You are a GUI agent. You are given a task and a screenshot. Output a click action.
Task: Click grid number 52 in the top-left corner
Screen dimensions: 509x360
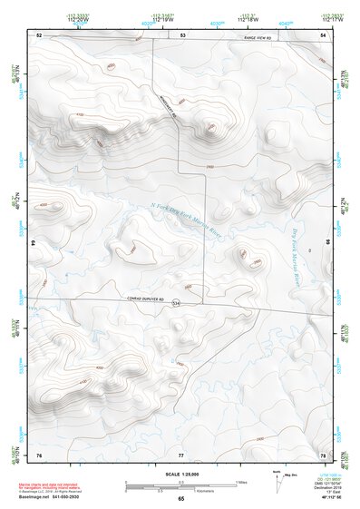pyautogui.click(x=38, y=34)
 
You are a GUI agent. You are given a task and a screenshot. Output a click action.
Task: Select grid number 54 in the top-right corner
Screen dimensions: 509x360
pyautogui.click(x=323, y=34)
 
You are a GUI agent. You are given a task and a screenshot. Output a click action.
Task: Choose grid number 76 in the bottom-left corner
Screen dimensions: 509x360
pyautogui.click(x=38, y=453)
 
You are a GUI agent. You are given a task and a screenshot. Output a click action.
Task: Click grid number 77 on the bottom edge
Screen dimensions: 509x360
pyautogui.click(x=180, y=453)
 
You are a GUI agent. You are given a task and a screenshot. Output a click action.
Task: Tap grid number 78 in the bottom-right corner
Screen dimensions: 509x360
pyautogui.click(x=323, y=453)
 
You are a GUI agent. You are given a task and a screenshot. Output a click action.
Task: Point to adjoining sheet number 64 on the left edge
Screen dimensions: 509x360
pyautogui.click(x=34, y=243)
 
